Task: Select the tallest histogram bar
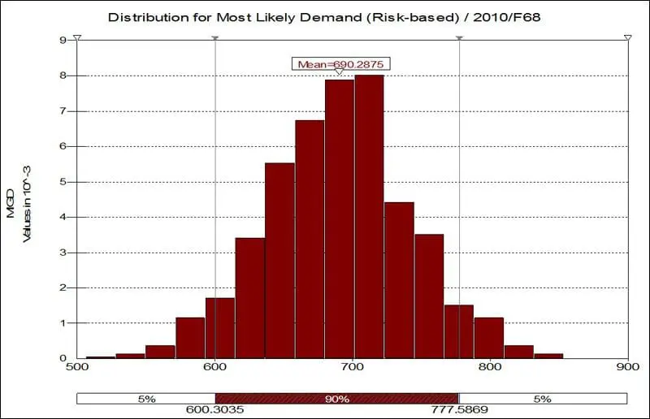(369, 216)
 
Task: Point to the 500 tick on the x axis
(78, 367)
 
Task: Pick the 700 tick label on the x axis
(353, 367)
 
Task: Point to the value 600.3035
(214, 411)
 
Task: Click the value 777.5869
(460, 411)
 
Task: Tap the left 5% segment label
(146, 399)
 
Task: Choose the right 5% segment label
(543, 399)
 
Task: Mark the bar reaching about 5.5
(279, 260)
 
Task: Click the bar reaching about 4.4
(399, 279)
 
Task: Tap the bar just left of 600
(190, 337)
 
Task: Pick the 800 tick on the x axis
(490, 367)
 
